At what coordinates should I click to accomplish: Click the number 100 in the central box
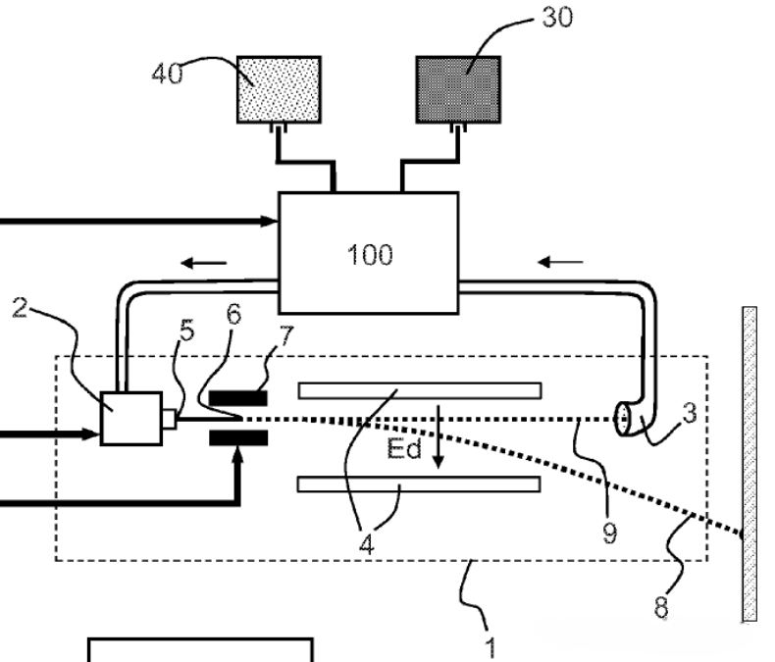point(370,255)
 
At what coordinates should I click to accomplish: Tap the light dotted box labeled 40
point(280,89)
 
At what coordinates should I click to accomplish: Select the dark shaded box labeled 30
point(459,89)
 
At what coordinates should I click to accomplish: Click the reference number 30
point(557,17)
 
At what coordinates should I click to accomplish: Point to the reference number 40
point(167,74)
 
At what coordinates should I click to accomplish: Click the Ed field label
point(404,448)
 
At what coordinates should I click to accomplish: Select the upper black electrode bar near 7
point(238,398)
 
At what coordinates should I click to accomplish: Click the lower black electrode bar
point(238,437)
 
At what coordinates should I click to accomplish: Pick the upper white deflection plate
point(420,390)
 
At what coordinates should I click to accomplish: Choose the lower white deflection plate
point(419,484)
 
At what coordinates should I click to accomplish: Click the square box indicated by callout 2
point(131,419)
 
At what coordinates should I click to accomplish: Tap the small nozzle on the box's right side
point(169,419)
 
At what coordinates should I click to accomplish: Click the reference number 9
point(610,534)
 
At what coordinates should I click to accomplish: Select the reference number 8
point(661,607)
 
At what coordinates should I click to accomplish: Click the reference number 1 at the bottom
point(490,647)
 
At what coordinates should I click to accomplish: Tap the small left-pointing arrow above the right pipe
point(560,262)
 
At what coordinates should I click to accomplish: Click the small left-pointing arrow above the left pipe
point(204,263)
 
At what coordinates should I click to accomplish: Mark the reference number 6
point(233,314)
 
